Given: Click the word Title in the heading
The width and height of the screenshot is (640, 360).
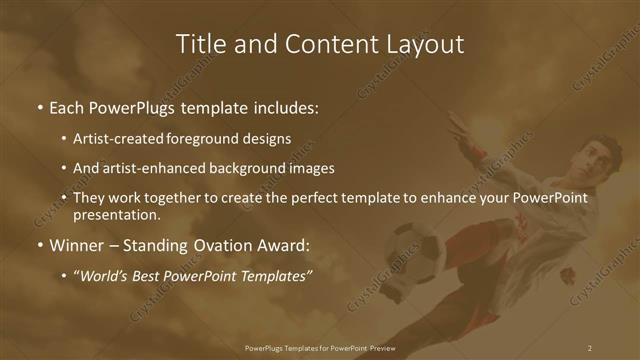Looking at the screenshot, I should click(x=199, y=44).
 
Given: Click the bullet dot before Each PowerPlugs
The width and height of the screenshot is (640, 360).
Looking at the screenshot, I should click(x=39, y=106).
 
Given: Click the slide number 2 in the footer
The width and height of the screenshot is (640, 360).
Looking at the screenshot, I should click(x=590, y=348).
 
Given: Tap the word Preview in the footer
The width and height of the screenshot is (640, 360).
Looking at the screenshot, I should click(x=381, y=348).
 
